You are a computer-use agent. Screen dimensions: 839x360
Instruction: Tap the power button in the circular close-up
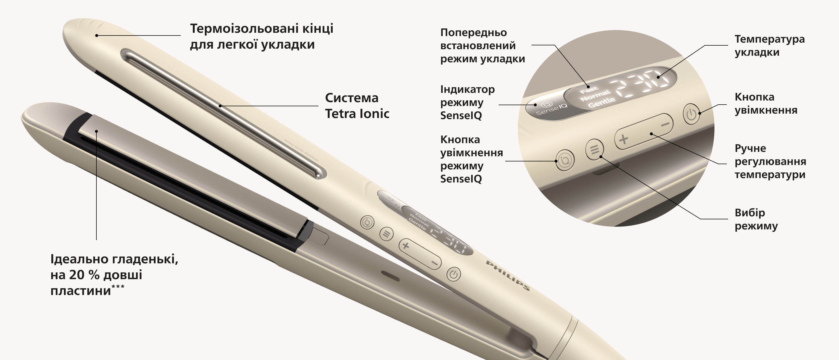pos(691,114)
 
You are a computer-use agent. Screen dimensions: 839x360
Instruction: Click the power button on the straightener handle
pos(453,274)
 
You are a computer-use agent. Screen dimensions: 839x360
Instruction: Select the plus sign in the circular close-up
pos(624,139)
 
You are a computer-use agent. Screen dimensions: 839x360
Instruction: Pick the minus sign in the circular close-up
pos(665,124)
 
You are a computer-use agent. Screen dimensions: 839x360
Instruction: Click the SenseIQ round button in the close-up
pos(565,160)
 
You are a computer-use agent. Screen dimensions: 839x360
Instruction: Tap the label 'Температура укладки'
pos(770,46)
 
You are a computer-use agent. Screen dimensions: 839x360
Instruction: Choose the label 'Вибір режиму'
pos(756,219)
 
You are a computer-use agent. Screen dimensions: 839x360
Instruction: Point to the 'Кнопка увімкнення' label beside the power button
pos(766,103)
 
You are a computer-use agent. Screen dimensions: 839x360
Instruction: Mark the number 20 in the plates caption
pos(76,275)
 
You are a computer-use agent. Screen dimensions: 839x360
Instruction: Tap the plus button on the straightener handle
pos(406,245)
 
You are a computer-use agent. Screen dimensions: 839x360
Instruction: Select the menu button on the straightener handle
pos(387,234)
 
